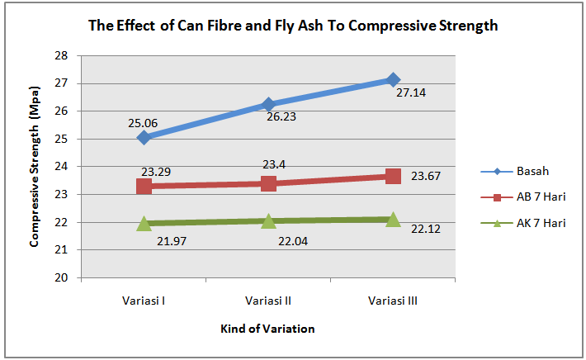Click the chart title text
[x=293, y=26]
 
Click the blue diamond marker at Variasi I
[x=144, y=137]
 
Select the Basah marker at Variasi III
[x=393, y=79]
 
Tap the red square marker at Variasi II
[x=268, y=183]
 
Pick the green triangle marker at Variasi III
[x=393, y=219]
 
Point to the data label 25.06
[x=143, y=123]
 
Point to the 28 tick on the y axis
[x=60, y=56]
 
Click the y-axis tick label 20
[x=60, y=277]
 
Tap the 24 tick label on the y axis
[x=60, y=167]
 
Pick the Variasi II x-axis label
[x=268, y=301]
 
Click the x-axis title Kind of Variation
[x=267, y=329]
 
